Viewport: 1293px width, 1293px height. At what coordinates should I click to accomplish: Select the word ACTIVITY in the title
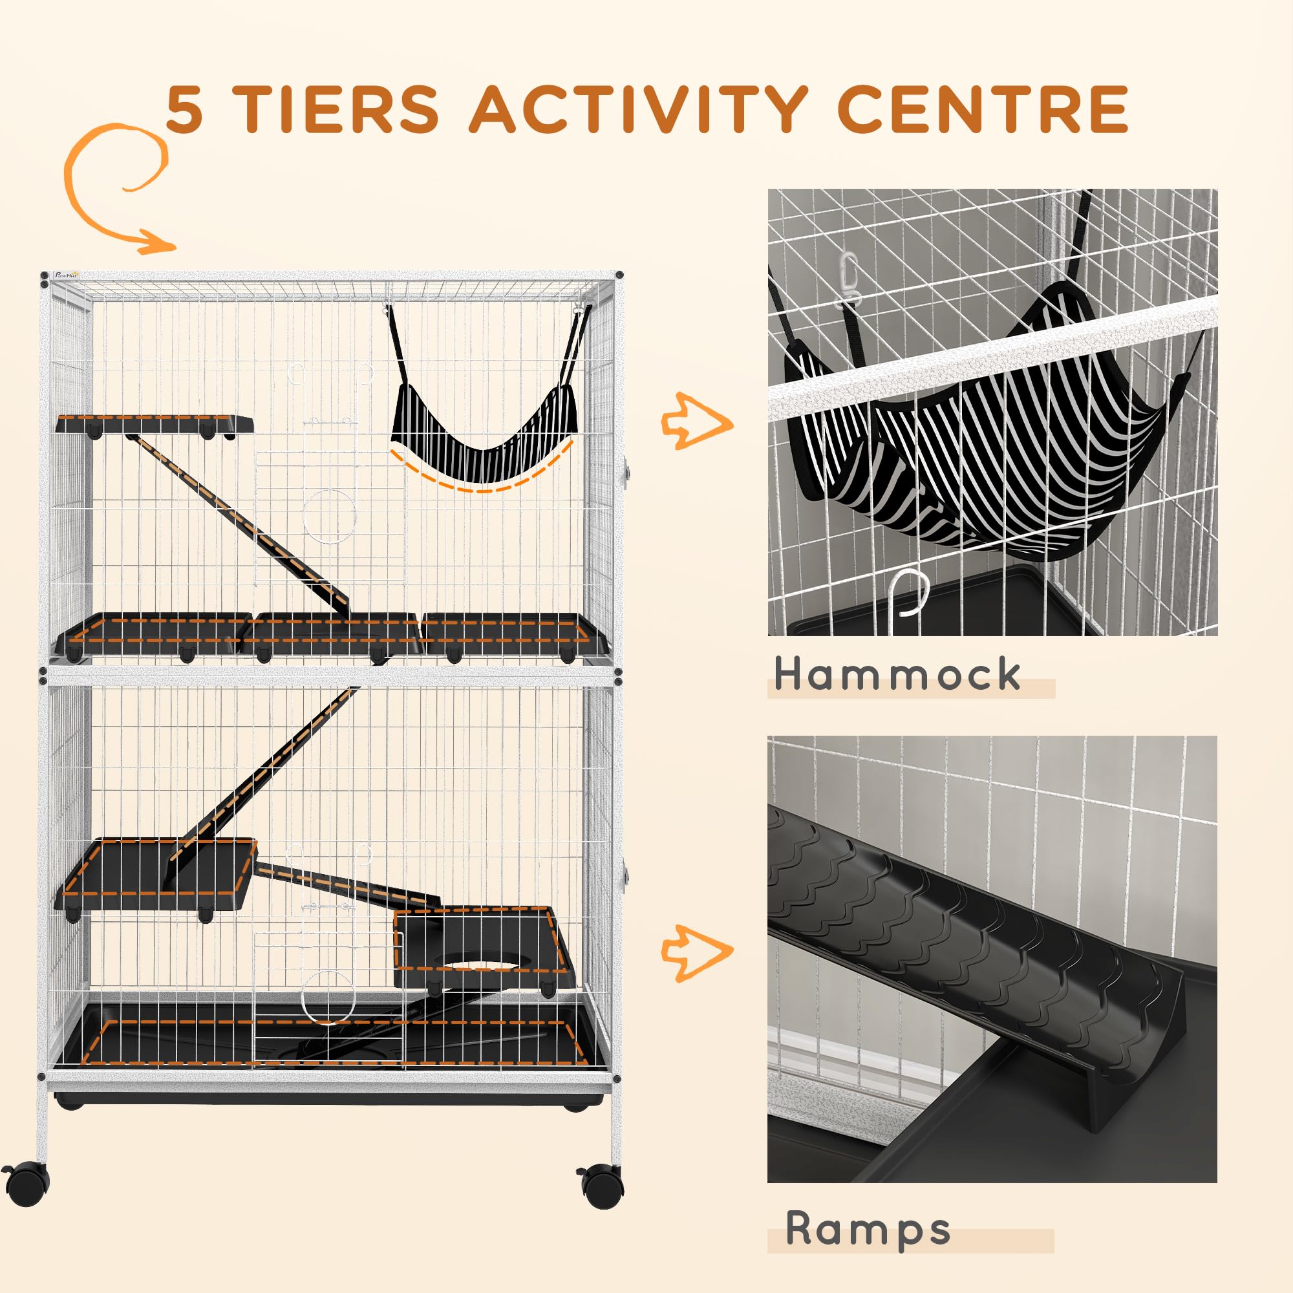[639, 109]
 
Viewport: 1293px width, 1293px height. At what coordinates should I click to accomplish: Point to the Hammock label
[897, 674]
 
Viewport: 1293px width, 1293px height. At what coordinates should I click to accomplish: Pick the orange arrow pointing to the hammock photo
[696, 421]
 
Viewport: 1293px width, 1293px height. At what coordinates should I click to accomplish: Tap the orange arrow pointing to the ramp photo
[696, 952]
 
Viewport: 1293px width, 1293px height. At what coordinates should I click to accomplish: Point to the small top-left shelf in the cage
[154, 424]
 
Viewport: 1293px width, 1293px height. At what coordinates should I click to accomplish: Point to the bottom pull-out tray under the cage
[328, 1098]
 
